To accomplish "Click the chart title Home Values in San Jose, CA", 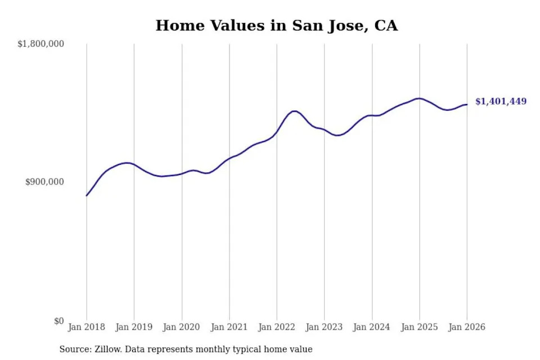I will pos(276,26).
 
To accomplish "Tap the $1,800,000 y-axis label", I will pos(41,44).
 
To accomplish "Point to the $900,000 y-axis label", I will pos(45,182).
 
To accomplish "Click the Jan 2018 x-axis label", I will pos(87,327).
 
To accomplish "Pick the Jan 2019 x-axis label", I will pos(134,327).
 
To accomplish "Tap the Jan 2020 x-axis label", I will pos(182,327).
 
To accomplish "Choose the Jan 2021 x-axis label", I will pos(229,327).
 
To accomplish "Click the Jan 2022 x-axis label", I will pos(277,327).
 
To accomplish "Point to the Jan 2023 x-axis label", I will pos(324,327).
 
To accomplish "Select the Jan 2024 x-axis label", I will pos(372,327).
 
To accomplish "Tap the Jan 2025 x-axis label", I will pos(419,327).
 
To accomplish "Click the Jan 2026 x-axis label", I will pos(466,327).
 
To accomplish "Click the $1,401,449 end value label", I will pos(501,102).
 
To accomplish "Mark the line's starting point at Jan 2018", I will pos(87,196).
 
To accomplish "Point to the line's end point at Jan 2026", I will pos(467,105).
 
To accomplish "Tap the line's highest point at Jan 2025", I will pos(419,98).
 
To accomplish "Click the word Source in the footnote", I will pos(73,349).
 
